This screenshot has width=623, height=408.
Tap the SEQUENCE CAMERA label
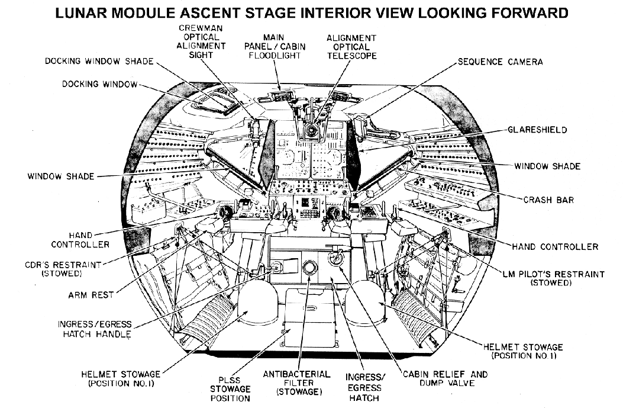(500, 62)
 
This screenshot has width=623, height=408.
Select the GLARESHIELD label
(537, 130)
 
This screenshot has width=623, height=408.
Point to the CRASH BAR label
(548, 200)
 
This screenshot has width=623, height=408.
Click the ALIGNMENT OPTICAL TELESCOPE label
(351, 47)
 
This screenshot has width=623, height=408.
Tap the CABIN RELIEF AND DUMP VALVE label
(445, 379)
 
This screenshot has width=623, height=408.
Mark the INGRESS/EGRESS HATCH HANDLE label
(95, 329)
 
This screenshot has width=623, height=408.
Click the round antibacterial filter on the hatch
(309, 268)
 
